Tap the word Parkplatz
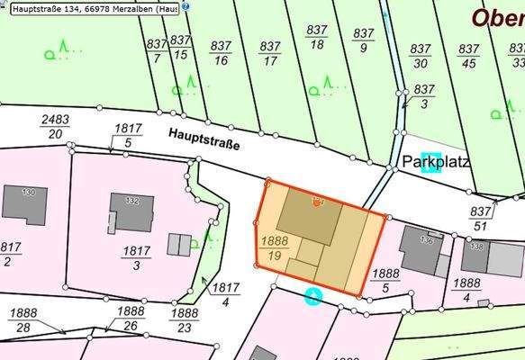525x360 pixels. pos(435,163)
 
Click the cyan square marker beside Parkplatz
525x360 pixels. pos(431,162)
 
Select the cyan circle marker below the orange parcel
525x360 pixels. pos(312,294)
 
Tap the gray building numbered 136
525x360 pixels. pos(419,247)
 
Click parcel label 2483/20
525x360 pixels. pos(56,127)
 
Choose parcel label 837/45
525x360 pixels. pos(467,56)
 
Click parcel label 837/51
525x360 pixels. pos(480,218)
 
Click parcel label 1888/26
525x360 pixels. pos(130,318)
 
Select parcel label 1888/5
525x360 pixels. pos(385,280)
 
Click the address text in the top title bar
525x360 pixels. pos(90,8)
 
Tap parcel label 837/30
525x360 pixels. pos(419,56)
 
